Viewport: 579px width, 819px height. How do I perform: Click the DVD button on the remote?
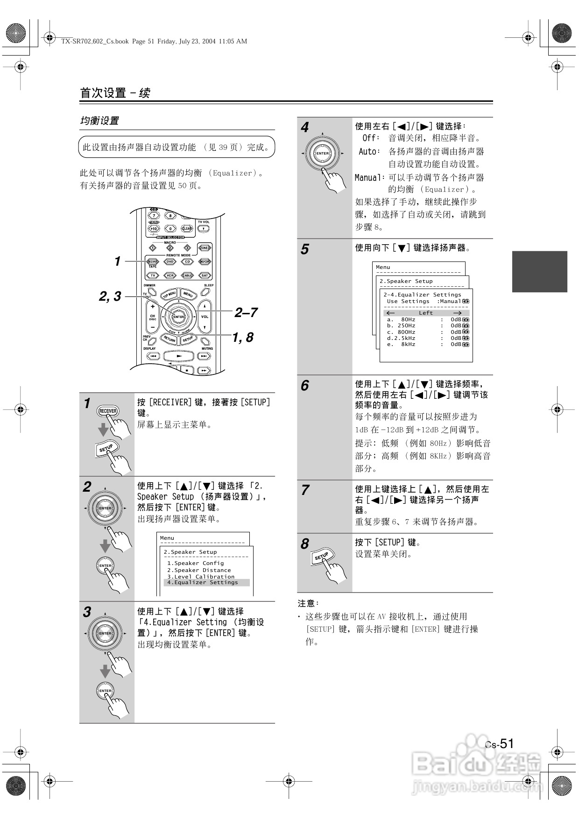(x=170, y=262)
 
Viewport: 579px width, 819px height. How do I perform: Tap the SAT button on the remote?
(x=205, y=275)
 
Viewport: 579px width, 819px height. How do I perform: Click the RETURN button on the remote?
(x=169, y=339)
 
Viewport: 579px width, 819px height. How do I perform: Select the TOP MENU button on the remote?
(x=169, y=294)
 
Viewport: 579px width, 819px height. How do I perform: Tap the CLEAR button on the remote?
(x=187, y=229)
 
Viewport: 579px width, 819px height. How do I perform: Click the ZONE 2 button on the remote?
(x=205, y=248)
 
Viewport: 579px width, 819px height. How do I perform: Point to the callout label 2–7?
(x=246, y=312)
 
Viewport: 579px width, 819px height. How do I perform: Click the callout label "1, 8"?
(x=243, y=337)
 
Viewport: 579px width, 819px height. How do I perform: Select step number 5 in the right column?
(x=304, y=249)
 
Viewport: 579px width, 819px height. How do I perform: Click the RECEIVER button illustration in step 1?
(x=108, y=411)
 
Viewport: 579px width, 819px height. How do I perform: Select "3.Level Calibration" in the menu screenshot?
(x=201, y=577)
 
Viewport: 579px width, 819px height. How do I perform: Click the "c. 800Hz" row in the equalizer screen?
(x=401, y=332)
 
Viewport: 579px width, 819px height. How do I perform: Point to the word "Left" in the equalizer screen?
(x=425, y=313)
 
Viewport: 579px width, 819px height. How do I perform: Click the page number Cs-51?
(x=499, y=743)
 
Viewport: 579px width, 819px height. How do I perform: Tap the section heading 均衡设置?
(x=99, y=120)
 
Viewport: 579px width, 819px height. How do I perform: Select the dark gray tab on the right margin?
(x=539, y=271)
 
